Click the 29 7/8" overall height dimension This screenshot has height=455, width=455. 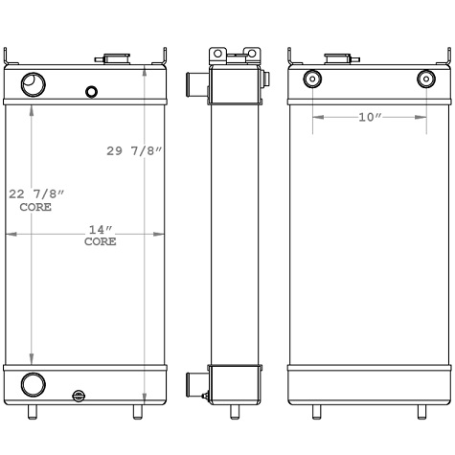[134, 151]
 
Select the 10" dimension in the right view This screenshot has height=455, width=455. [369, 117]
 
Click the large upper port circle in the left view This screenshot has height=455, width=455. [33, 85]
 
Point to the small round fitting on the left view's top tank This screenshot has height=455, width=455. [91, 92]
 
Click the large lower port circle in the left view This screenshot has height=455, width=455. [33, 385]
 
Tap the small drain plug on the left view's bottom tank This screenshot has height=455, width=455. [79, 395]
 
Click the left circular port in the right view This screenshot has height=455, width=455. [311, 80]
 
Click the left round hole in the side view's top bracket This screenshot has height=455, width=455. [218, 54]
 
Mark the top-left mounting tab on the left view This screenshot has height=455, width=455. [9, 57]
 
